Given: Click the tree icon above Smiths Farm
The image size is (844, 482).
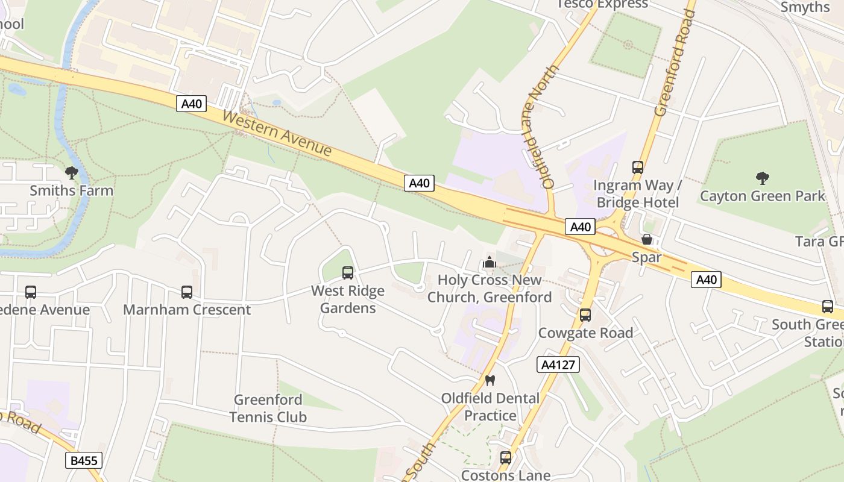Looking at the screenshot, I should click(x=72, y=173).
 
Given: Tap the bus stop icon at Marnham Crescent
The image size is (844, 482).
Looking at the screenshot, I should click(x=187, y=292).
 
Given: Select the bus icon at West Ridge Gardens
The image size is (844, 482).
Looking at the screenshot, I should click(x=348, y=273).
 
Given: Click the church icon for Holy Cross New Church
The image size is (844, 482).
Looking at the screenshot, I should click(x=490, y=263).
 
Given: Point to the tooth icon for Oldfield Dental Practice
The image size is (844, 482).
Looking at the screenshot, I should click(x=490, y=380).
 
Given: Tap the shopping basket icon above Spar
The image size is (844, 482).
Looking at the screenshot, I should click(x=647, y=239).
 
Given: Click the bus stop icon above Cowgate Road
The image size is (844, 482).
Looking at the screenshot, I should click(x=585, y=315).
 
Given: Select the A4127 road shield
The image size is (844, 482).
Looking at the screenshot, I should click(x=558, y=364).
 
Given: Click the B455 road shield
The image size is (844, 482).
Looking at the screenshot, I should click(x=84, y=461).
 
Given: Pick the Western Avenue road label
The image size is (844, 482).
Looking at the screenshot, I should click(x=277, y=133).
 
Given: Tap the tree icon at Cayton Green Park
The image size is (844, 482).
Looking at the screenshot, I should click(x=763, y=178).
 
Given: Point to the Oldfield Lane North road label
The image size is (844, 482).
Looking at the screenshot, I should click(x=540, y=127).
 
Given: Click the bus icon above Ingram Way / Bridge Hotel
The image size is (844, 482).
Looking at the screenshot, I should click(x=638, y=167).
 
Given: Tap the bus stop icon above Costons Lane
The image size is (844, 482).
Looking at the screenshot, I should click(x=506, y=458).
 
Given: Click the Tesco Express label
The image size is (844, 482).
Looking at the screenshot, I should click(x=602, y=4).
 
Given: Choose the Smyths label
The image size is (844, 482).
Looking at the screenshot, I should click(x=805, y=7).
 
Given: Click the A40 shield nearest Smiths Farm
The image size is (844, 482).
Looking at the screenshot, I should click(x=192, y=104).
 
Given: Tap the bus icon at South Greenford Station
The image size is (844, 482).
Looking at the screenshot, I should click(x=828, y=307).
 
